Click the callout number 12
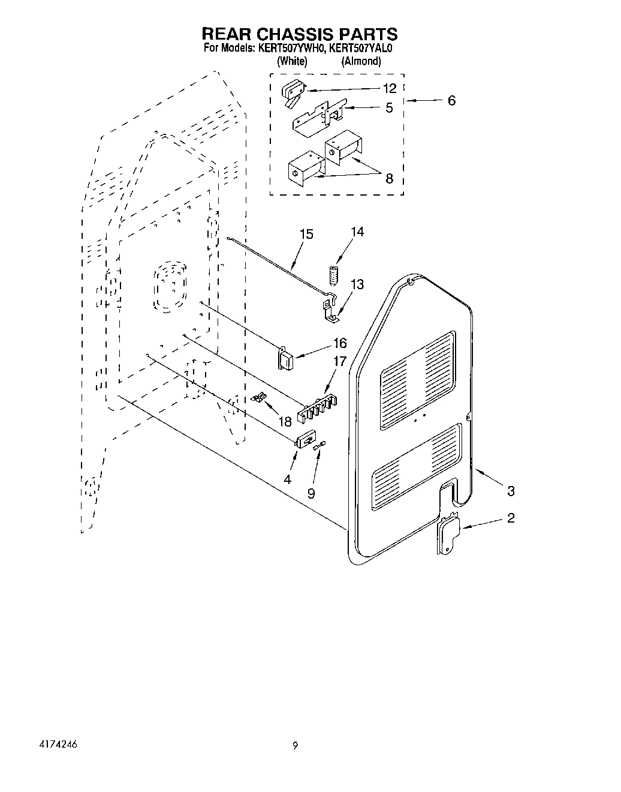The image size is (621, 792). coord(390,88)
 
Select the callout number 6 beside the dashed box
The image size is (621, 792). coord(451,100)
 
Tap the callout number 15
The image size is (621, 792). coord(306,233)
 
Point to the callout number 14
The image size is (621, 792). coord(357,232)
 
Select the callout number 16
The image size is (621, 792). coord(340,343)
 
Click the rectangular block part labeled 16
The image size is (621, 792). coord(285,359)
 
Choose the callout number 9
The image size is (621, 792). coord(310,493)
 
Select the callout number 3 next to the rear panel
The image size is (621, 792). coord(510,491)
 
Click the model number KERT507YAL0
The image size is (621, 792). coord(360,49)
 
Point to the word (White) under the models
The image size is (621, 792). coord(292,61)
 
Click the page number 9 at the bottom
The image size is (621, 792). coord(295,746)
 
